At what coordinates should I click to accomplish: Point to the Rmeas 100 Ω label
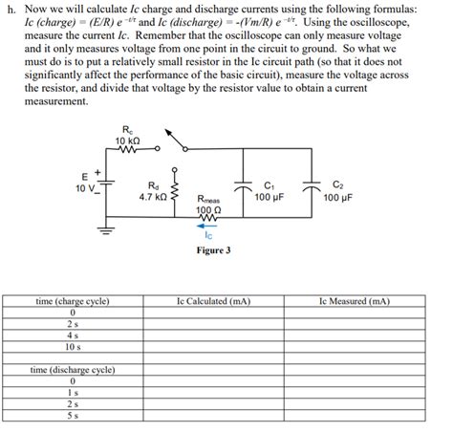(x=208, y=205)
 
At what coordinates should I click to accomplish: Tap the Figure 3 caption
(x=212, y=250)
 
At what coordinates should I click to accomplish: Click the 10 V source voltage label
(x=84, y=188)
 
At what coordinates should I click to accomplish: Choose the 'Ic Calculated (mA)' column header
(x=214, y=301)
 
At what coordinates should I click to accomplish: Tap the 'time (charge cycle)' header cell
(x=72, y=301)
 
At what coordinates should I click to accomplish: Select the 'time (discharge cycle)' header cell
(x=73, y=368)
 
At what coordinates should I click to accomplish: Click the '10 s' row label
(x=73, y=346)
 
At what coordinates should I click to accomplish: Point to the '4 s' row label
(x=73, y=335)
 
